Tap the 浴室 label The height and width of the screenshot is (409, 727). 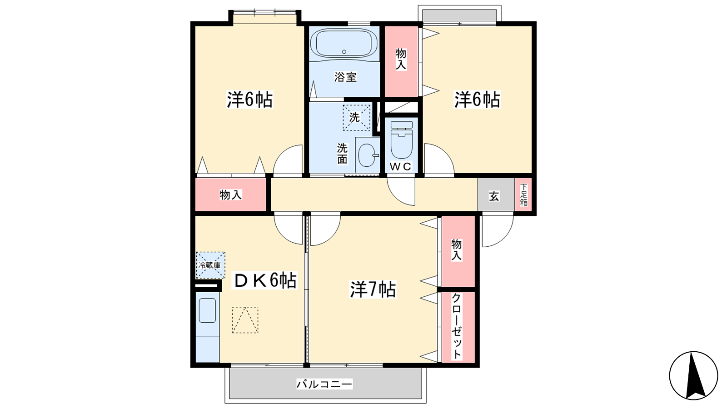click(345, 77)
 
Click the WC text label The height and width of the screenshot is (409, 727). click(400, 166)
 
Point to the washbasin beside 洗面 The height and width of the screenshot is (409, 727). click(368, 155)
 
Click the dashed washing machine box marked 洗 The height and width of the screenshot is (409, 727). click(356, 118)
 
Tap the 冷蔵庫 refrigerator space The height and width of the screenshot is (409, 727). click(210, 265)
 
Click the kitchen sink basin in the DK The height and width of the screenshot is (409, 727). click(207, 310)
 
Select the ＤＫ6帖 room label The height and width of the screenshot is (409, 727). click(264, 280)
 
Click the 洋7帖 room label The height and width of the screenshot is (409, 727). click(373, 289)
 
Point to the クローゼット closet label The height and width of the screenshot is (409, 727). click(456, 326)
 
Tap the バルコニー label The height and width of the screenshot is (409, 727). click(324, 384)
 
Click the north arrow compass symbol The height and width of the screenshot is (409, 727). click(693, 375)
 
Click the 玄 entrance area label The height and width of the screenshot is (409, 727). click(494, 196)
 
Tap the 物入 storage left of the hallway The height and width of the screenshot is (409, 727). click(230, 195)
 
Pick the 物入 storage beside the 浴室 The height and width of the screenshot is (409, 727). click(401, 61)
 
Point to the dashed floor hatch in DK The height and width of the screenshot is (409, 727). click(245, 320)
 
